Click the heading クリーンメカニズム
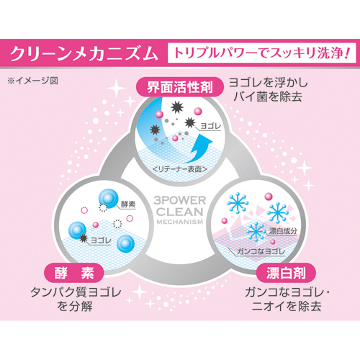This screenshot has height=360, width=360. click(x=84, y=54)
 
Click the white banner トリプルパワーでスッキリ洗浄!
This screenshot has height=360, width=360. click(x=261, y=53)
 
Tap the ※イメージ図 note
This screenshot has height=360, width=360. click(x=33, y=81)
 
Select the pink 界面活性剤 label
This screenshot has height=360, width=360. click(x=180, y=87)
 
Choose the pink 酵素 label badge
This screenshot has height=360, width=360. click(x=74, y=273)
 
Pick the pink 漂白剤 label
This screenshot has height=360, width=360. click(x=286, y=273)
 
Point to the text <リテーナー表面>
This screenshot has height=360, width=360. click(x=180, y=169)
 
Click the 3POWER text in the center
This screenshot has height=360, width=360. click(x=180, y=200)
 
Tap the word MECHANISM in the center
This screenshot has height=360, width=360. click(x=180, y=222)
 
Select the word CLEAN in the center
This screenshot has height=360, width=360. click(x=180, y=212)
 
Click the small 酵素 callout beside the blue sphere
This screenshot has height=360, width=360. click(x=128, y=204)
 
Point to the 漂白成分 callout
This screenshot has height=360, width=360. click(x=283, y=231)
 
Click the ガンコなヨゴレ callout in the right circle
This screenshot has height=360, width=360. click(x=261, y=251)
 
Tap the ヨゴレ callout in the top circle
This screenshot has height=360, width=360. click(x=210, y=126)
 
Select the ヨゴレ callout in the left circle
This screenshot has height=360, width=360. click(x=101, y=240)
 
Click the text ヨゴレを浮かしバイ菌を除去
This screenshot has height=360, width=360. click(x=268, y=90)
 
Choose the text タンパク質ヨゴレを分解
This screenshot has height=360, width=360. click(x=76, y=300)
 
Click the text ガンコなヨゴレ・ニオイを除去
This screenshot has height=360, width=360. click(x=287, y=300)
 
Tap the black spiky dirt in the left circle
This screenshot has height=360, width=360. click(x=84, y=238)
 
